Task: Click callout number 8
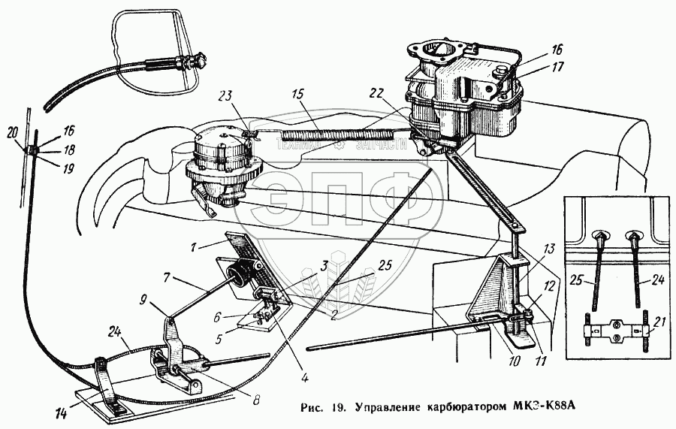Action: [x=257, y=400]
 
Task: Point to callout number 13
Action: [x=551, y=249]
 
